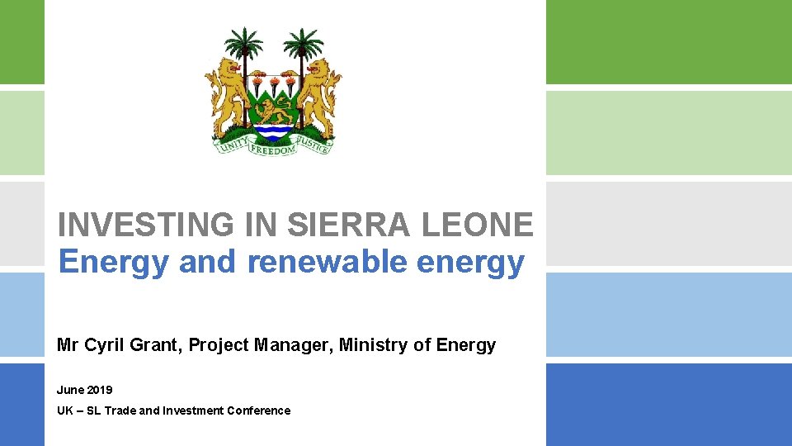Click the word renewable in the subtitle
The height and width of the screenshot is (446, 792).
(x=328, y=262)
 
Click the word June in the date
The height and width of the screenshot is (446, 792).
(x=69, y=389)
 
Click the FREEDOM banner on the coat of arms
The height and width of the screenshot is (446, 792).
(x=272, y=151)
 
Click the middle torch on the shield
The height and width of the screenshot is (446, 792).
(x=273, y=82)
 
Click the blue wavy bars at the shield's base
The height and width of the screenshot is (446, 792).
(x=273, y=130)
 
